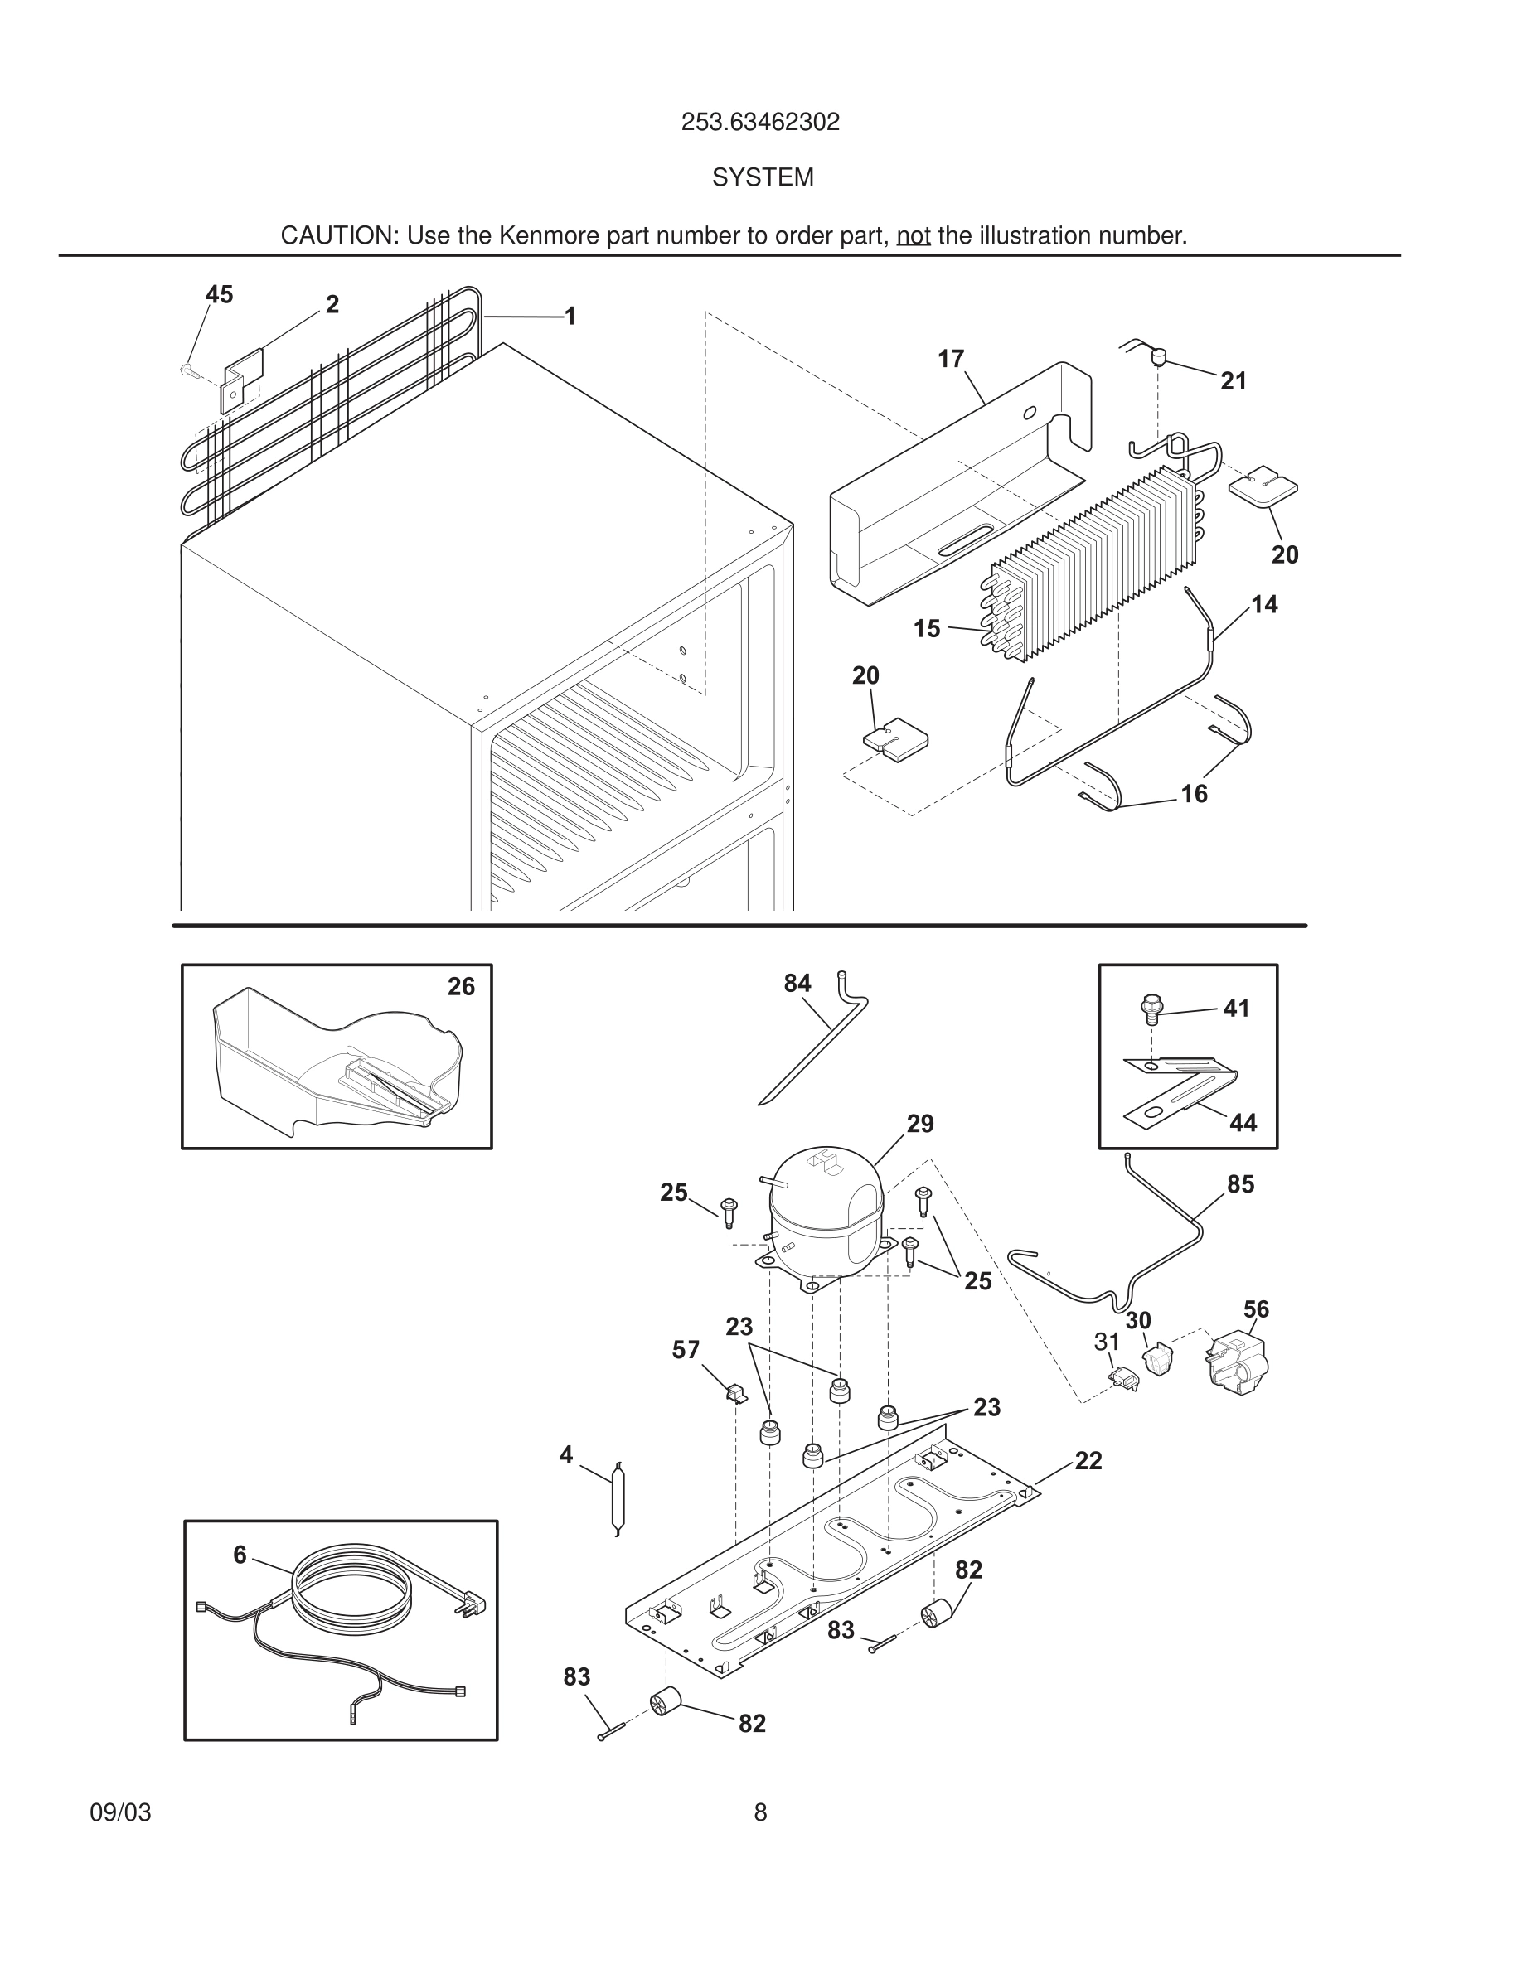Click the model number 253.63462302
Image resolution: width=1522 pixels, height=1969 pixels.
coord(760,123)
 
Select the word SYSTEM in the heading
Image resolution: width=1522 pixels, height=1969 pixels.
coord(763,177)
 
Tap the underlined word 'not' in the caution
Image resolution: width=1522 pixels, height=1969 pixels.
coord(913,236)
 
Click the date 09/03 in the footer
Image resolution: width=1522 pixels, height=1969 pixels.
coord(120,1812)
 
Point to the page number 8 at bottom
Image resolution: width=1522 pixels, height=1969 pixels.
coord(760,1812)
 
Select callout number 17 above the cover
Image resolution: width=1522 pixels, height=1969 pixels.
coord(950,359)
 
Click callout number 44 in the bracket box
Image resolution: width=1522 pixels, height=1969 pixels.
coord(1243,1122)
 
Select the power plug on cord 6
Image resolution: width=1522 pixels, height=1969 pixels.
coord(473,1604)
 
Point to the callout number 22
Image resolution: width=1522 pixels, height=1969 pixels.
coord(1088,1460)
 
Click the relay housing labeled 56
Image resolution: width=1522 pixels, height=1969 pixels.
coord(1235,1364)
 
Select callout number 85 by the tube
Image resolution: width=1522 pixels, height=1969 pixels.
coord(1240,1183)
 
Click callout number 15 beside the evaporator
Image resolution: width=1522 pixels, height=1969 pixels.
coord(926,628)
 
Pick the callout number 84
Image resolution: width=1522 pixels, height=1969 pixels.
coord(797,984)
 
